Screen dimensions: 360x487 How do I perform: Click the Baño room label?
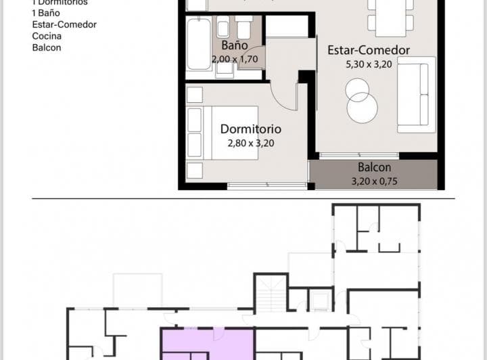pyautogui.click(x=234, y=46)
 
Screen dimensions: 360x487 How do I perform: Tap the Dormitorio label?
pyautogui.click(x=251, y=129)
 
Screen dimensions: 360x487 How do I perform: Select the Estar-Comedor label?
pyautogui.click(x=369, y=50)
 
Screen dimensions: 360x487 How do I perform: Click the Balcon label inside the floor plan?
pyautogui.click(x=374, y=168)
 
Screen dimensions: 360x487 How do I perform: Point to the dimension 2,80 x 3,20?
pyautogui.click(x=251, y=143)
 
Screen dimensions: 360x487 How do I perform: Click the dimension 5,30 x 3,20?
pyautogui.click(x=369, y=64)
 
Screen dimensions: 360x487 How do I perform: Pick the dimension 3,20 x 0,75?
pyautogui.click(x=374, y=181)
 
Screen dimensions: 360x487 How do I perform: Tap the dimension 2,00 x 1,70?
pyautogui.click(x=233, y=59)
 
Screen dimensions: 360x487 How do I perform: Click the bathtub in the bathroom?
pyautogui.click(x=199, y=44)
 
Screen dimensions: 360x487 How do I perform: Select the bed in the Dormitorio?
pyautogui.click(x=222, y=133)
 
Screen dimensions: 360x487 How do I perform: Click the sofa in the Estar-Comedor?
pyautogui.click(x=416, y=95)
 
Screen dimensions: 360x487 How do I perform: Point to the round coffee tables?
pyautogui.click(x=361, y=100)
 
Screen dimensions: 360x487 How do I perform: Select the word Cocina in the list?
pyautogui.click(x=47, y=36)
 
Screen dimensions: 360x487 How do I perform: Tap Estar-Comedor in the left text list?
pyautogui.click(x=64, y=24)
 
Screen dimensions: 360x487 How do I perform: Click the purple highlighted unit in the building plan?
pyautogui.click(x=206, y=342)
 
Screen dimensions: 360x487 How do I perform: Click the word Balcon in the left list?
pyautogui.click(x=47, y=47)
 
